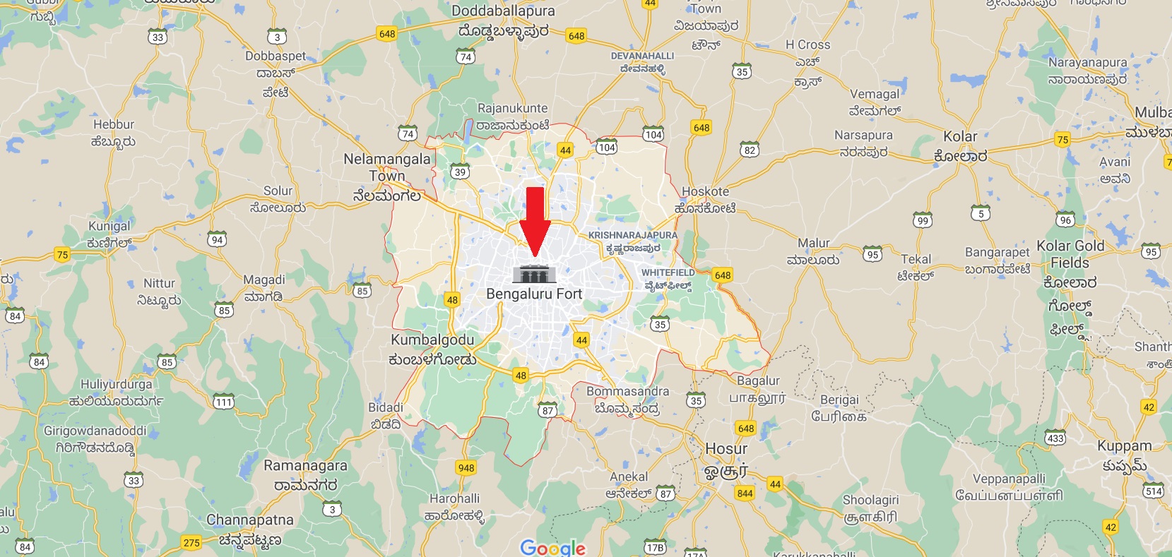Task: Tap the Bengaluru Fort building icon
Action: tap(534, 273)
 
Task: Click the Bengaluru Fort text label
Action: tap(534, 294)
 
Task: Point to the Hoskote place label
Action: tap(705, 191)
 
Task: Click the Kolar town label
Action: tap(960, 136)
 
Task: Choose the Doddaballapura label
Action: tap(503, 11)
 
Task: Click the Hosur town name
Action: tap(726, 449)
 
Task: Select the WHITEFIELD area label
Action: tap(668, 272)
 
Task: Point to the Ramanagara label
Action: tap(305, 466)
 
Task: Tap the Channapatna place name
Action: tap(249, 520)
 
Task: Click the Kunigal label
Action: tap(109, 226)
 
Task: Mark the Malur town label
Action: tap(813, 243)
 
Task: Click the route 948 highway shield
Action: tap(466, 468)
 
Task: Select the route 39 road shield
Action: tap(460, 172)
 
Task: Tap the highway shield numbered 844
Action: tap(745, 493)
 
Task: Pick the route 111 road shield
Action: tap(223, 402)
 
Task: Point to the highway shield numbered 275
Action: tap(191, 542)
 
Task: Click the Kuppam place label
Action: tap(1124, 446)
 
